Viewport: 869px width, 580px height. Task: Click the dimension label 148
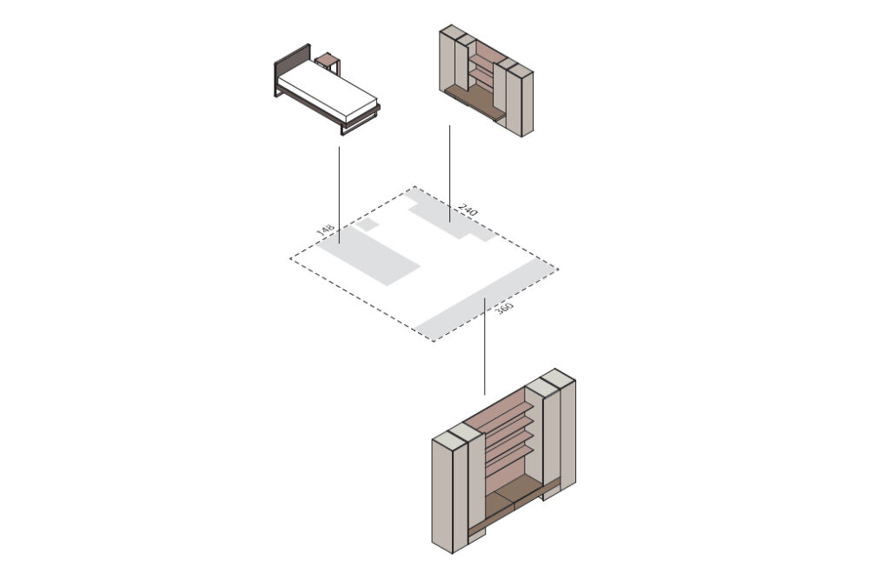click(325, 230)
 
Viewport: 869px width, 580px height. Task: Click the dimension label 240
click(468, 210)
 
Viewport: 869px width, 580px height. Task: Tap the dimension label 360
click(503, 309)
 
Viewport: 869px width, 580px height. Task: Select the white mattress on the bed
click(327, 90)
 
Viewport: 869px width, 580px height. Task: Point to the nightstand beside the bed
click(328, 63)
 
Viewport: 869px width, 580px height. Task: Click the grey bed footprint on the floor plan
click(368, 256)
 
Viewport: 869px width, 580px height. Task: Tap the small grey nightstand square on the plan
click(366, 224)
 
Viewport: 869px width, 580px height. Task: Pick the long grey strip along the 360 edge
click(486, 299)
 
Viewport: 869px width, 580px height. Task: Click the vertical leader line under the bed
click(339, 195)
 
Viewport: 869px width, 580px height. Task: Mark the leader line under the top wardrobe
click(449, 174)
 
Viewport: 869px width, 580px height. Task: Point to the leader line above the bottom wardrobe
click(485, 347)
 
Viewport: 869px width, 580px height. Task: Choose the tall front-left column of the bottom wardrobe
click(443, 494)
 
